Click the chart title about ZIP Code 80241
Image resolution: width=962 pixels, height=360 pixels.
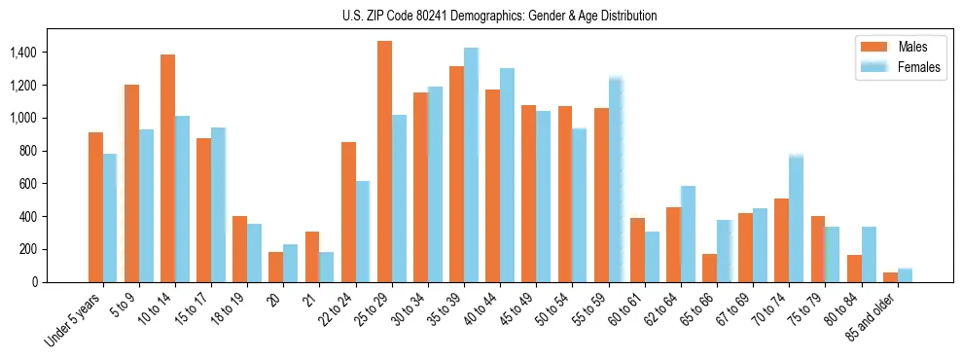point(499,16)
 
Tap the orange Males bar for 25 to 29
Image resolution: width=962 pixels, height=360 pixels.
point(384,162)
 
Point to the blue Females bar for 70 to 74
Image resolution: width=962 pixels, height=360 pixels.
point(796,219)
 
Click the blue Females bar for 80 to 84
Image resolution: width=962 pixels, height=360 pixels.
point(869,254)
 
